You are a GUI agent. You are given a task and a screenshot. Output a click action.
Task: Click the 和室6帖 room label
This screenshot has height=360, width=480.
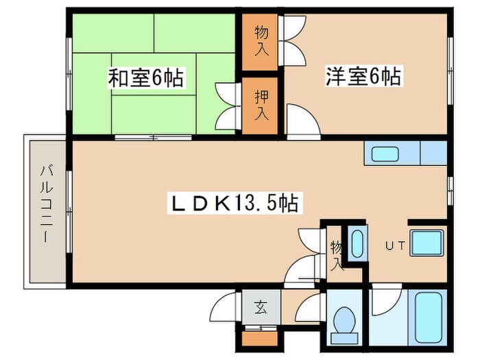click(145, 78)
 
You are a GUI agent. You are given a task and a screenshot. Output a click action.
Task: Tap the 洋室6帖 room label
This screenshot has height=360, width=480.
click(363, 75)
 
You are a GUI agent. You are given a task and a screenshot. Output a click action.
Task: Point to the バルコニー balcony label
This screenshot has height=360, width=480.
click(45, 205)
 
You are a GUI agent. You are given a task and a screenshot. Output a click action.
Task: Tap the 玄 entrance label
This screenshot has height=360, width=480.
click(261, 307)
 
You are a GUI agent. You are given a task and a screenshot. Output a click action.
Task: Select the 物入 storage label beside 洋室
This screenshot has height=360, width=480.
click(261, 40)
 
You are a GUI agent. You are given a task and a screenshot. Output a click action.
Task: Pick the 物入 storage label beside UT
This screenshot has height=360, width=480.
click(336, 254)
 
